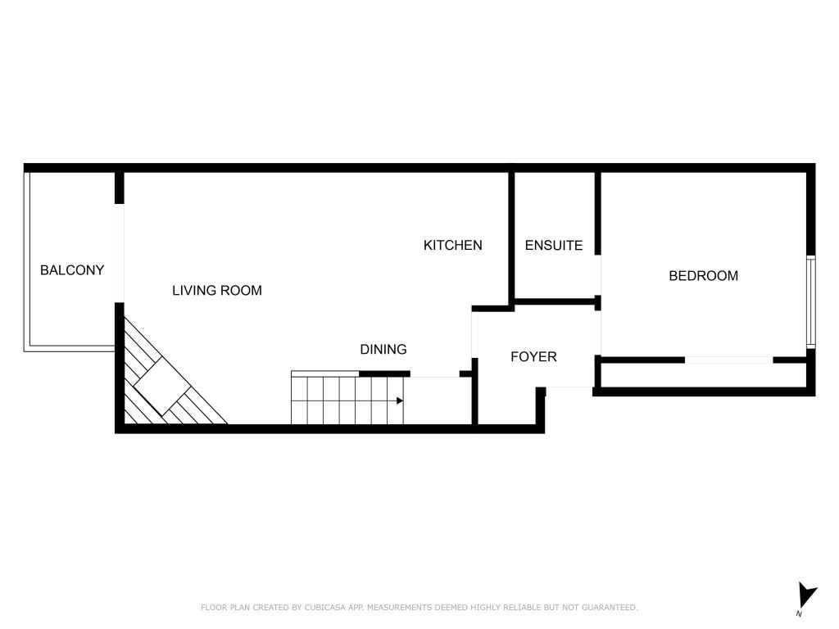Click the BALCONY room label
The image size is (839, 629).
(x=72, y=270)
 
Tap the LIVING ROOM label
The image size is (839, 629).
(x=217, y=291)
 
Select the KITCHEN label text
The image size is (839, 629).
(x=452, y=245)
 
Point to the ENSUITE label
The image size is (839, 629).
(x=554, y=245)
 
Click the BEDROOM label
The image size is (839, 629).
(x=703, y=276)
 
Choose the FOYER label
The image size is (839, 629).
(x=533, y=357)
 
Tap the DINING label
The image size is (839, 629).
(x=383, y=350)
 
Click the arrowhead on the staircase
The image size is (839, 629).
(x=399, y=400)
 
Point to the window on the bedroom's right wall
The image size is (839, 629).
(x=810, y=301)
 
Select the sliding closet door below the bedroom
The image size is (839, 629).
(x=728, y=360)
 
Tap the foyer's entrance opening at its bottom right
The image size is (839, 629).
(x=569, y=387)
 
